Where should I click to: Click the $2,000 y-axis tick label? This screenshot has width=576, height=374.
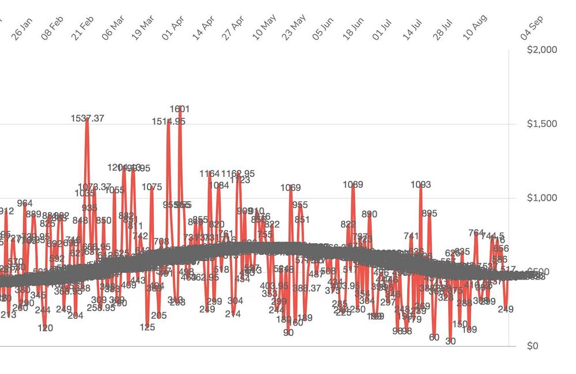coord(542,50)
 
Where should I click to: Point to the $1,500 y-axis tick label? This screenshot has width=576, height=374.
coord(542,124)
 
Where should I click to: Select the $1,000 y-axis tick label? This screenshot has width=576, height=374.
coord(542,198)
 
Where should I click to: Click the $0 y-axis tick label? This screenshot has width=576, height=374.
coord(533,346)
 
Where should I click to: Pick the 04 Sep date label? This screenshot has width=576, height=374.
coord(532,28)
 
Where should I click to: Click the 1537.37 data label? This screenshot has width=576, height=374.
coord(88,118)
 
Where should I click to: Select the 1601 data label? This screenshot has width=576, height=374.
coord(180,109)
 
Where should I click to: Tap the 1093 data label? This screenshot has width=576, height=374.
coord(420,184)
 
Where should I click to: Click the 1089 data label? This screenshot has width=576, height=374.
coord(353,184)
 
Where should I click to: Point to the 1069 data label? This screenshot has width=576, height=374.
coord(290,187)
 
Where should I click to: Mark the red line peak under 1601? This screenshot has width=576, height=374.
coord(180,115)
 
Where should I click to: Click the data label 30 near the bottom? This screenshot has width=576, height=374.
coord(450,341)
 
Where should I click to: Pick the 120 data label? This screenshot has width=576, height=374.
coord(46,328)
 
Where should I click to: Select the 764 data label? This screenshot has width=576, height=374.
coord(476,233)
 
